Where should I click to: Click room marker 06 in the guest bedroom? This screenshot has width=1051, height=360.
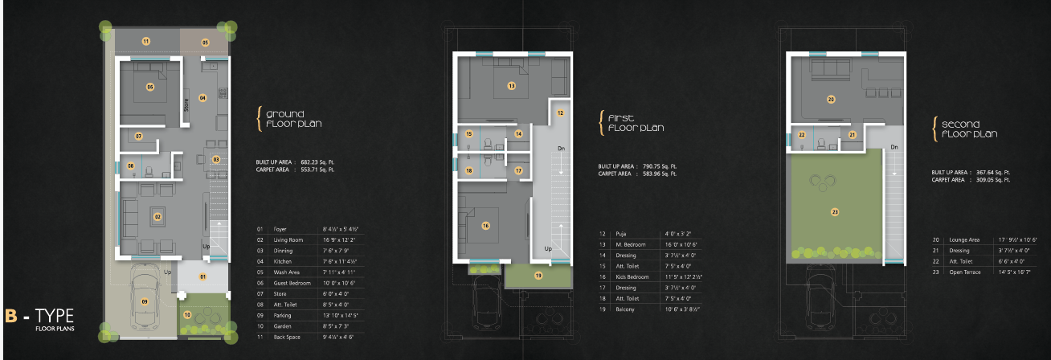click(x=149, y=86)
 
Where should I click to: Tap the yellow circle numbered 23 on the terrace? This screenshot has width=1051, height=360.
click(x=835, y=211)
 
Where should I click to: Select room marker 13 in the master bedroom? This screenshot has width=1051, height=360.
click(x=511, y=84)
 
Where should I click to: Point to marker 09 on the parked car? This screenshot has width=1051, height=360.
click(x=145, y=301)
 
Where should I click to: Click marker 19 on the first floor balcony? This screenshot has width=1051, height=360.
click(x=538, y=276)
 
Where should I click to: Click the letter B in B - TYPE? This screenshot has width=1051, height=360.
click(x=11, y=314)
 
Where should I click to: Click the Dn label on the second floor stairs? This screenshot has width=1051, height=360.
click(x=894, y=147)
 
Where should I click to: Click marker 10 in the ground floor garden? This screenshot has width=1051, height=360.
click(x=187, y=314)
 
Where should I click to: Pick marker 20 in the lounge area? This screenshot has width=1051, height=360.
click(x=831, y=100)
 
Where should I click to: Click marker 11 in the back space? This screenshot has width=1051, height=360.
click(x=145, y=40)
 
